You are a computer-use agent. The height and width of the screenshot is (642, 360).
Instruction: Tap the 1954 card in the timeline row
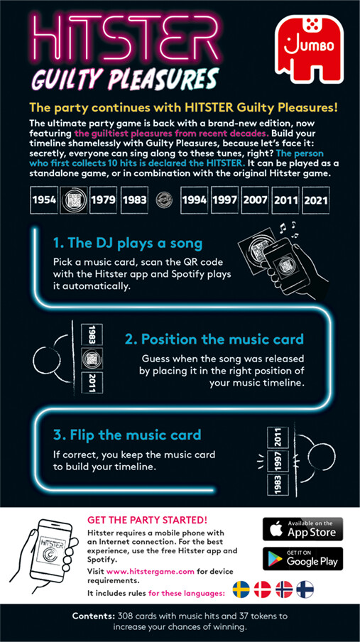[x=44, y=200]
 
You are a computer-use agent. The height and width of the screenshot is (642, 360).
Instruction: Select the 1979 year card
[x=103, y=200]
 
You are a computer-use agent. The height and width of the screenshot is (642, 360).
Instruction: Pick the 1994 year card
[x=195, y=200]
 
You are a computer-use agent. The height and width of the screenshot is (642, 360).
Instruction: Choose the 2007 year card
[x=255, y=200]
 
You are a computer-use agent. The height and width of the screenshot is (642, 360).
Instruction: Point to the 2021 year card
[x=315, y=200]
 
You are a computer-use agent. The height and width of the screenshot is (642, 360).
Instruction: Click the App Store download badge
[x=302, y=529]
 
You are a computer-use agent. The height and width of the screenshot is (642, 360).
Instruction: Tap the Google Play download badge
[x=302, y=558]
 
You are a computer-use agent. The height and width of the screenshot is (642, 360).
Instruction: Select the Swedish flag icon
[x=241, y=589]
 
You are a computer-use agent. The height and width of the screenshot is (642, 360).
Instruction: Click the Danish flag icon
[x=263, y=589]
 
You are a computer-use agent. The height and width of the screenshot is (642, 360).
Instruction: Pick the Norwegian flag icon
[x=284, y=589]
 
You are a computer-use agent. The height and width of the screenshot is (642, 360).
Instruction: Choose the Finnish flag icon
[x=305, y=589]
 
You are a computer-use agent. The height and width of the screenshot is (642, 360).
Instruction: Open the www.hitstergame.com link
[x=151, y=572]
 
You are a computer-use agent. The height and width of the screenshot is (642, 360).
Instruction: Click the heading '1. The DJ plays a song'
[x=128, y=244]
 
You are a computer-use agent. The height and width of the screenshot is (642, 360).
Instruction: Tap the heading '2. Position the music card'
[x=214, y=339]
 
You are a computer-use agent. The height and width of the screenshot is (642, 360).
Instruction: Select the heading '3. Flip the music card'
[x=127, y=435]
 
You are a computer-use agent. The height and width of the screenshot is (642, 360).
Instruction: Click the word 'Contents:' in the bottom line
[x=94, y=616]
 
